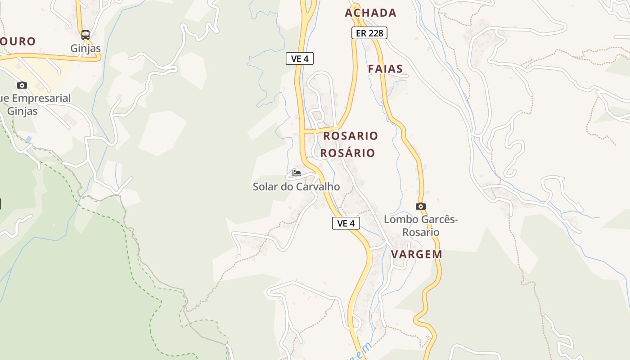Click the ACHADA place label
click(371, 13)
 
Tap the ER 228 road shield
click(369, 33)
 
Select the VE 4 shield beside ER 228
click(299, 58)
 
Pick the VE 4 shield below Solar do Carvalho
click(346, 223)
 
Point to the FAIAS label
click(385, 69)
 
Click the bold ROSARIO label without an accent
click(351, 135)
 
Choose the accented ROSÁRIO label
click(347, 153)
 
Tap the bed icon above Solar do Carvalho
click(296, 173)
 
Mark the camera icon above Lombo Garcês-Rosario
click(421, 207)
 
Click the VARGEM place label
click(416, 254)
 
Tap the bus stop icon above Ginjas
click(85, 35)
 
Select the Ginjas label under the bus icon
click(85, 48)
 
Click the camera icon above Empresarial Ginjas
click(22, 85)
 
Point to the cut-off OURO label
click(18, 41)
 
